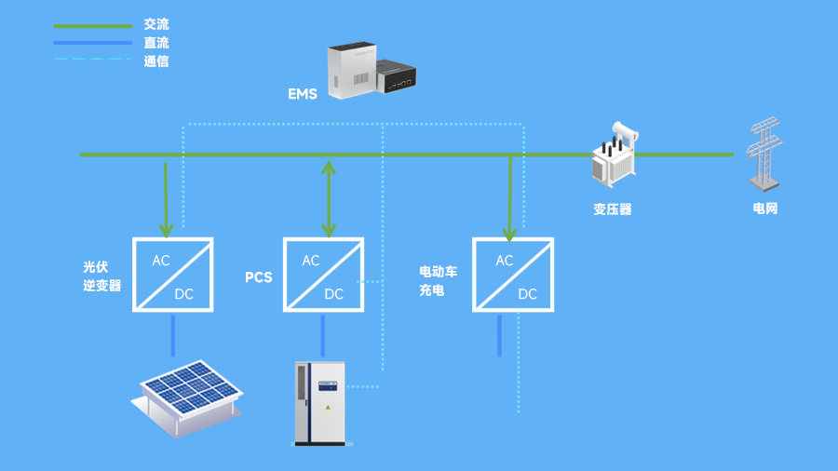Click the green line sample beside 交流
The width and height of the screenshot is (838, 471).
(92, 25)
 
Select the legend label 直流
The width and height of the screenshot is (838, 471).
(156, 43)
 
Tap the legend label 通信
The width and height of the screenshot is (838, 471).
(156, 61)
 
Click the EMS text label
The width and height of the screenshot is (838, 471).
(303, 94)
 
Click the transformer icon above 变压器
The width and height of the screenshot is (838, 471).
(613, 156)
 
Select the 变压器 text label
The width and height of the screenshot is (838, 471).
(613, 209)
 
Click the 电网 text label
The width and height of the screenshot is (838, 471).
(764, 209)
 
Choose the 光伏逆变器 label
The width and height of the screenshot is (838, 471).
(101, 276)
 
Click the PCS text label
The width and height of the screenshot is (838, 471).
(258, 277)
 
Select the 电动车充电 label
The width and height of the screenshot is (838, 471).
(438, 281)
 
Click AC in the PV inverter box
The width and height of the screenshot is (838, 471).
(161, 261)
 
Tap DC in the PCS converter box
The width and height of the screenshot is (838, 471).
(333, 294)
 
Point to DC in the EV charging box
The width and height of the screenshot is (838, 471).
(527, 294)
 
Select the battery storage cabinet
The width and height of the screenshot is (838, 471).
(318, 402)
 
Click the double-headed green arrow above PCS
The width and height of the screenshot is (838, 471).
(327, 196)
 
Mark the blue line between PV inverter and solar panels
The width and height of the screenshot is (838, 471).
(172, 336)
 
